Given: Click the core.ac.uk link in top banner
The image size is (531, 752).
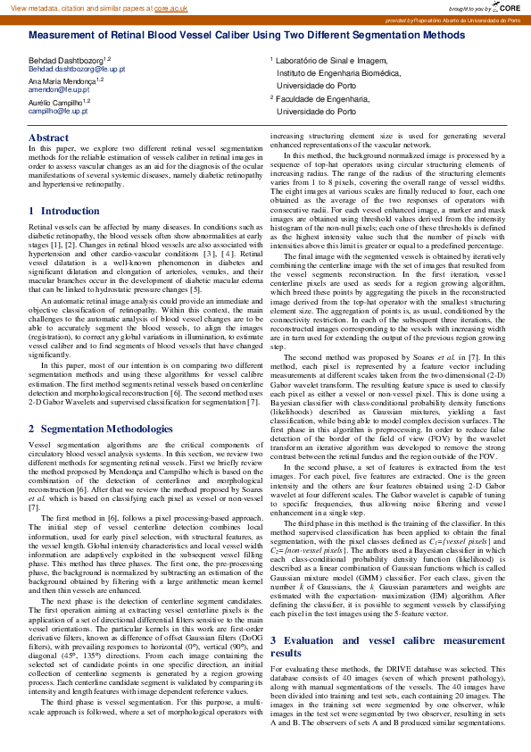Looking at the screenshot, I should [x=170, y=6].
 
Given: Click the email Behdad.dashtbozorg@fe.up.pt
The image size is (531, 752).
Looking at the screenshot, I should [x=71, y=68].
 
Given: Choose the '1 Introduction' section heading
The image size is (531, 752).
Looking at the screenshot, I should [x=52, y=211].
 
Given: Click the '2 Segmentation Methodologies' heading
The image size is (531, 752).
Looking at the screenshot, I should [x=98, y=429].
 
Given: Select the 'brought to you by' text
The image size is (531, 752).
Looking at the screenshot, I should [x=469, y=6].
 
